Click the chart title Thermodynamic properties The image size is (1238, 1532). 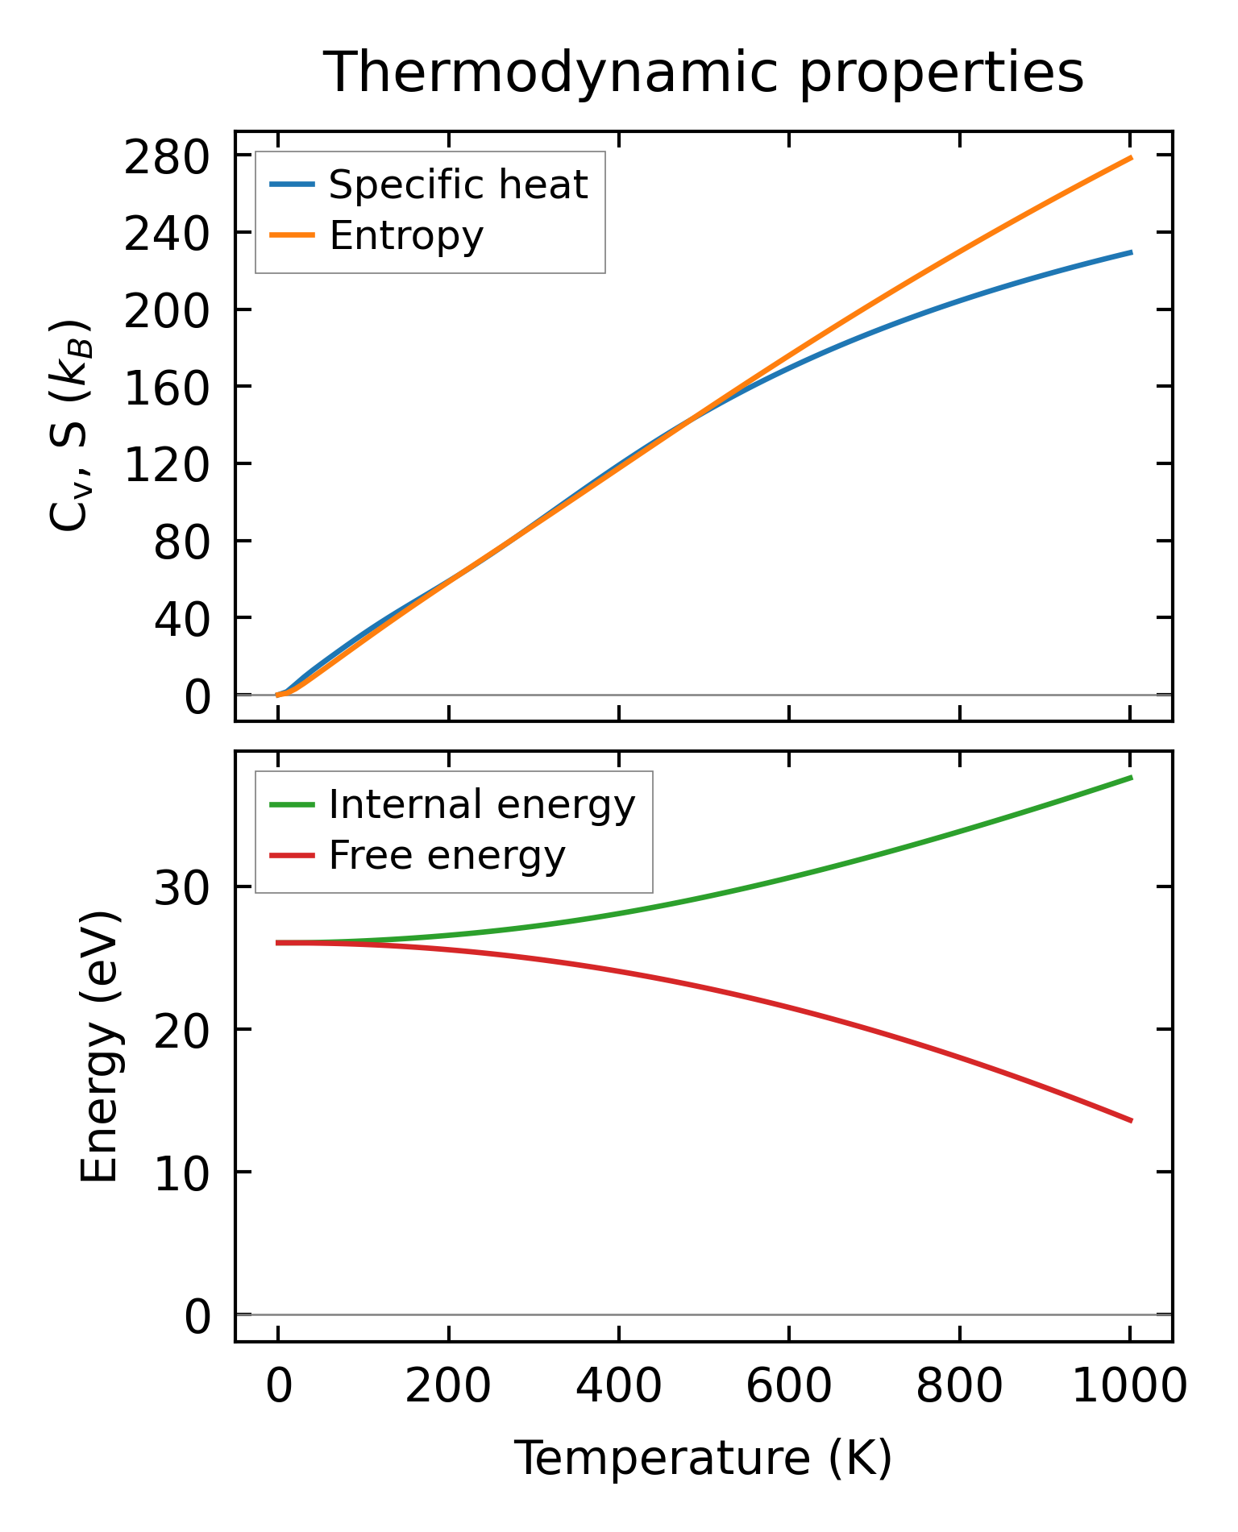[703, 73]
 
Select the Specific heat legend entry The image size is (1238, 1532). [458, 185]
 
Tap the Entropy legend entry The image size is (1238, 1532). [405, 235]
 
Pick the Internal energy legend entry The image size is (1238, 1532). [481, 804]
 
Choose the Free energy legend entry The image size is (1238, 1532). [447, 855]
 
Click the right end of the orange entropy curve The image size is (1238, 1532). [1131, 158]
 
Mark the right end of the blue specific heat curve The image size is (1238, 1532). [1131, 252]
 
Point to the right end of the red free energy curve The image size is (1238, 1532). [1131, 1120]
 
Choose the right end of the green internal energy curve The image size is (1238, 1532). [1131, 778]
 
